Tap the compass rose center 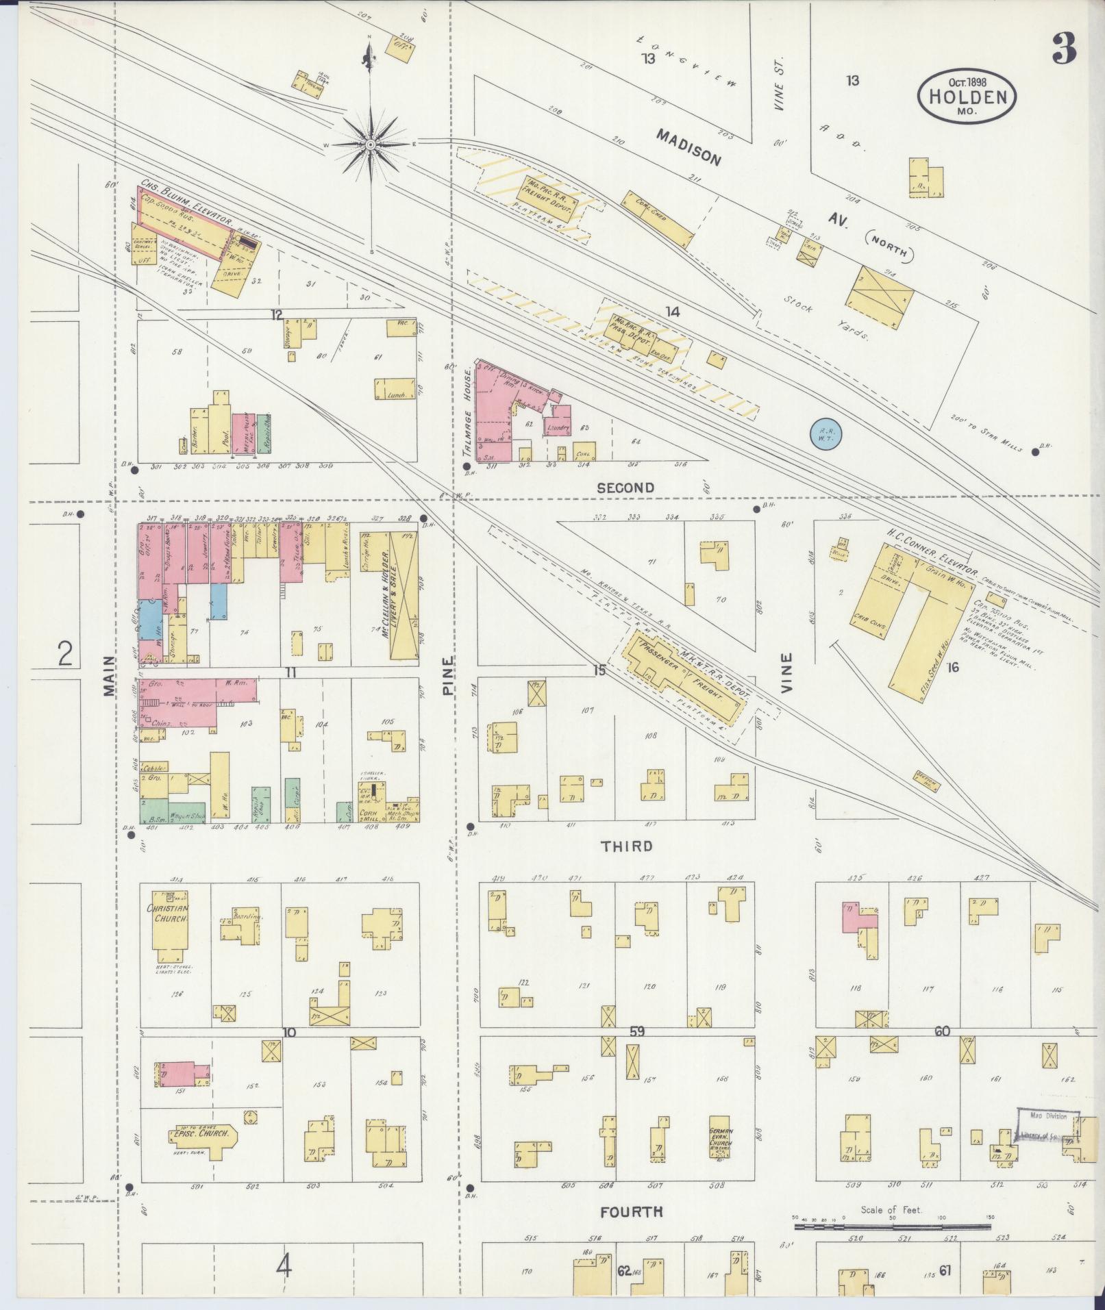[370, 144]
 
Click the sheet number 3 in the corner [1063, 47]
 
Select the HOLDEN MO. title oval [967, 98]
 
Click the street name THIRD [626, 846]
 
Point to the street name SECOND [625, 488]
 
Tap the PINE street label [448, 677]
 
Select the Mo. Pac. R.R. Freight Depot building [549, 194]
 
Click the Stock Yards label [826, 322]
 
